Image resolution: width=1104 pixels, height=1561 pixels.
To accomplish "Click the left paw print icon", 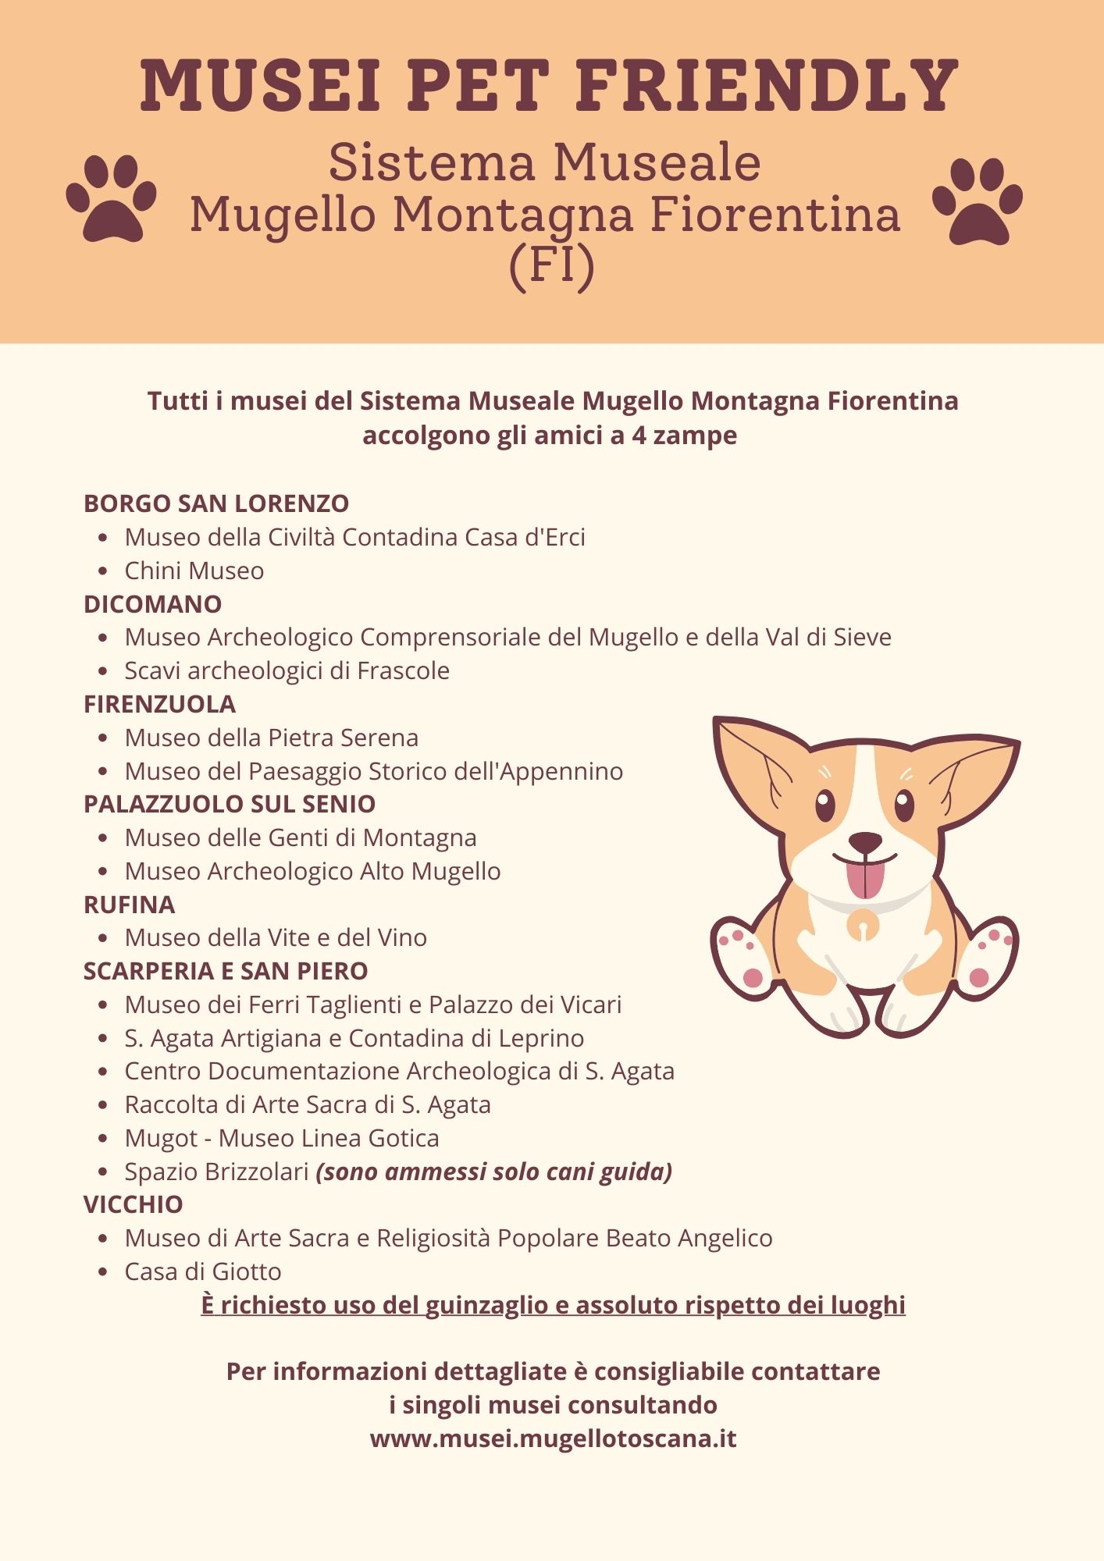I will tap(111, 199).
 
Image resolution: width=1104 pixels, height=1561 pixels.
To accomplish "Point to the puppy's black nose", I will tap(865, 842).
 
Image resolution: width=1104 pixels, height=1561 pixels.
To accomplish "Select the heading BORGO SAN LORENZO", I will tap(216, 503).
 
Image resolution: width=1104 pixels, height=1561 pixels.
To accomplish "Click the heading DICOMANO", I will tap(153, 604).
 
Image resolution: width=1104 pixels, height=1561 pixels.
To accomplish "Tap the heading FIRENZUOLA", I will tap(159, 704).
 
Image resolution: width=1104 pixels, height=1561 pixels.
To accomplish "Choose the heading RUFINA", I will tap(130, 905).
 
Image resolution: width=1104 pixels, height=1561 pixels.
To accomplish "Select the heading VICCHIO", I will tap(134, 1204).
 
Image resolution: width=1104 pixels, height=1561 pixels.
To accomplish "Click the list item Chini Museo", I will tap(194, 571).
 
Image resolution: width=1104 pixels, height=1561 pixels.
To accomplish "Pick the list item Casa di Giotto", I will tap(203, 1271).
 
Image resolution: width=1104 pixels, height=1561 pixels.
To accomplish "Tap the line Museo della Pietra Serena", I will tap(272, 738).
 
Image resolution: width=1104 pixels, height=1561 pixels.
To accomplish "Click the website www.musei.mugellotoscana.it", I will tap(553, 1438).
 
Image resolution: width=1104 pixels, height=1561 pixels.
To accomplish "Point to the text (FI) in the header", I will tap(551, 265).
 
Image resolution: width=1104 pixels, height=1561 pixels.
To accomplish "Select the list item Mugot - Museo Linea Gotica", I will tap(282, 1138).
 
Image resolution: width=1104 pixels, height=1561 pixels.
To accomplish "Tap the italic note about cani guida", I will tap(494, 1172).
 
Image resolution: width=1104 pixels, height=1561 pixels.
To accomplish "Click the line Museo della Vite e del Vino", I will tap(276, 937).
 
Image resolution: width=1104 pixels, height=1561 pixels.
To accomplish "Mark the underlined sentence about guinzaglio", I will tap(553, 1305).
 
